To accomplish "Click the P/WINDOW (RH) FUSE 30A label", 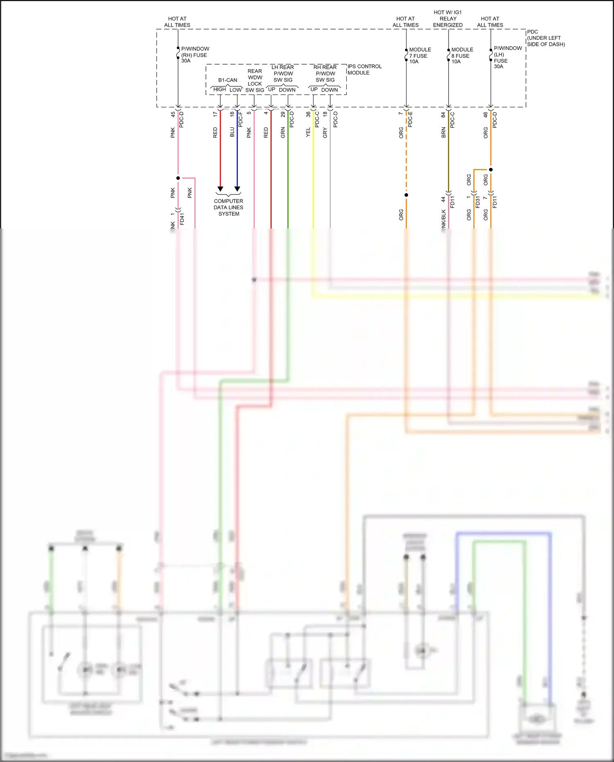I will tap(194, 55).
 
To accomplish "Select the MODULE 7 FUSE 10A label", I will tap(420, 56).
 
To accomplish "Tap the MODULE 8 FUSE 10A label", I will tap(462, 56).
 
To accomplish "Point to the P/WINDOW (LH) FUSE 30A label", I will tap(507, 57).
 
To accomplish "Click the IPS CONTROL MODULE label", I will tap(364, 70).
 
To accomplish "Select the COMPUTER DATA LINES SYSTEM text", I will tap(228, 208).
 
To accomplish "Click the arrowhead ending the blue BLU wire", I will tap(237, 189).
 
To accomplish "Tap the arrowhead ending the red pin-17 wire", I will tap(220, 189).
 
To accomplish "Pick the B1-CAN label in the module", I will tap(228, 80).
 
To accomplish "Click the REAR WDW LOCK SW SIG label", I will tap(255, 81).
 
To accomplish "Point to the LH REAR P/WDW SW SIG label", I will tap(283, 74).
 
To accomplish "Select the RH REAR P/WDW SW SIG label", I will tap(325, 74).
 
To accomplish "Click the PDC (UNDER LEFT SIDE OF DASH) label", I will tap(545, 38).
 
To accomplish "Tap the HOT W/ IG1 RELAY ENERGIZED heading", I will tap(448, 19).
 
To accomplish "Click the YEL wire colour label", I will tap(308, 132).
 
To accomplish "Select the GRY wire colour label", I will tap(325, 132).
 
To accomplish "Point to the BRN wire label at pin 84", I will tap(443, 132).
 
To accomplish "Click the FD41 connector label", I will tap(182, 219).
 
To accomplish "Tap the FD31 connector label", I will tap(478, 202).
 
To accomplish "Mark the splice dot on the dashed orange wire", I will tap(406, 195).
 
